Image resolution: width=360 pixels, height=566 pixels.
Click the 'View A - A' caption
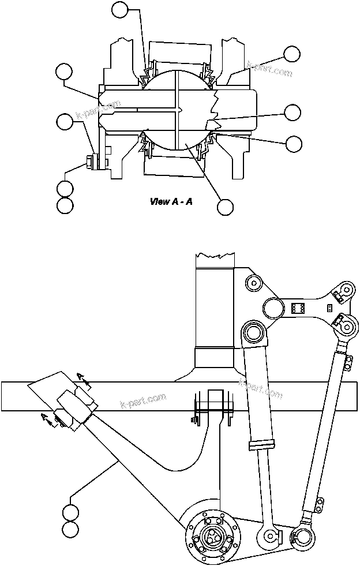[x=171, y=201]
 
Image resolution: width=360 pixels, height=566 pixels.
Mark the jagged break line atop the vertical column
[x=214, y=255]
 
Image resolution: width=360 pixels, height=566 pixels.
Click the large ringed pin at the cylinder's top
[x=253, y=333]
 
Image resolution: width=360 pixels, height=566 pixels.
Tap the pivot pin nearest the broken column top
[x=253, y=283]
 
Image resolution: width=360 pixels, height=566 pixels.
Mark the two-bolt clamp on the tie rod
[x=348, y=362]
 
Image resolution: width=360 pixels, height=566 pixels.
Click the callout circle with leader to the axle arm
[x=71, y=512]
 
